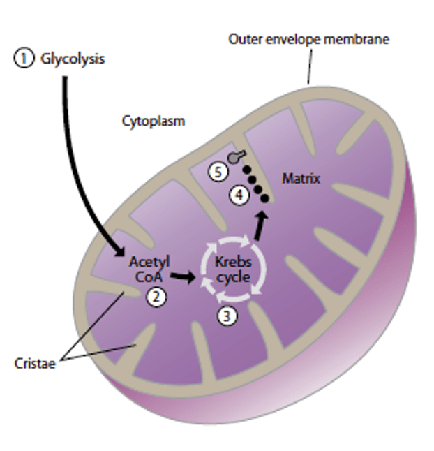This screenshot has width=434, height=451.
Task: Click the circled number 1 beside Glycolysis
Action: click(24, 59)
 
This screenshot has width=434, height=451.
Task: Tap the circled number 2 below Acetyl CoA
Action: click(156, 297)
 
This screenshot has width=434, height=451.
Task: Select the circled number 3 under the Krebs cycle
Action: click(227, 316)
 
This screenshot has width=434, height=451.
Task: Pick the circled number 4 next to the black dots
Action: click(239, 195)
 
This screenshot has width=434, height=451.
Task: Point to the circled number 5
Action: click(218, 172)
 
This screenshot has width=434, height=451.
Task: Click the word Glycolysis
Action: click(73, 59)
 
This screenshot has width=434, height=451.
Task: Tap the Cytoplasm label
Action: click(154, 121)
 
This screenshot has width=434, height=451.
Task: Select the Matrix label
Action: click(301, 179)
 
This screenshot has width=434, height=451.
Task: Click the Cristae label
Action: click(35, 363)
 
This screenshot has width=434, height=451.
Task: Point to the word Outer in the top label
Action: click(245, 39)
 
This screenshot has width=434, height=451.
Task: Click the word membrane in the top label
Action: click(357, 39)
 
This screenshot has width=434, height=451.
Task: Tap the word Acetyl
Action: click(149, 263)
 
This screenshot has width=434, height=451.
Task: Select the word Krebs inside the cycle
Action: click(233, 262)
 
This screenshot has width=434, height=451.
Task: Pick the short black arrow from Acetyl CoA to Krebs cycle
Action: click(183, 277)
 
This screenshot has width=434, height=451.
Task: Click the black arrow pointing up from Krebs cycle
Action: click(260, 225)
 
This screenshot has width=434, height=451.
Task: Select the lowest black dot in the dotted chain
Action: click(264, 198)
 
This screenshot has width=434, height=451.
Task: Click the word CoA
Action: click(149, 277)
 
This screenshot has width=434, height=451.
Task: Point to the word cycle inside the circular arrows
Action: click(233, 278)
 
